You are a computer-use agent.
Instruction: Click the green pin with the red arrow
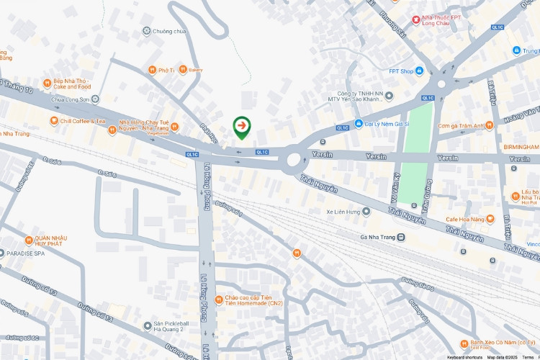coord(243,127)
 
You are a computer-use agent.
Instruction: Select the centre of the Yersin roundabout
coord(294,158)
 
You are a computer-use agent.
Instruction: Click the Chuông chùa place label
coord(169,31)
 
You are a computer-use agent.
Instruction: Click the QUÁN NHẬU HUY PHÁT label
coord(50,243)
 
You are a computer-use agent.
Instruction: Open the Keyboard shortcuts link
coord(464,356)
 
